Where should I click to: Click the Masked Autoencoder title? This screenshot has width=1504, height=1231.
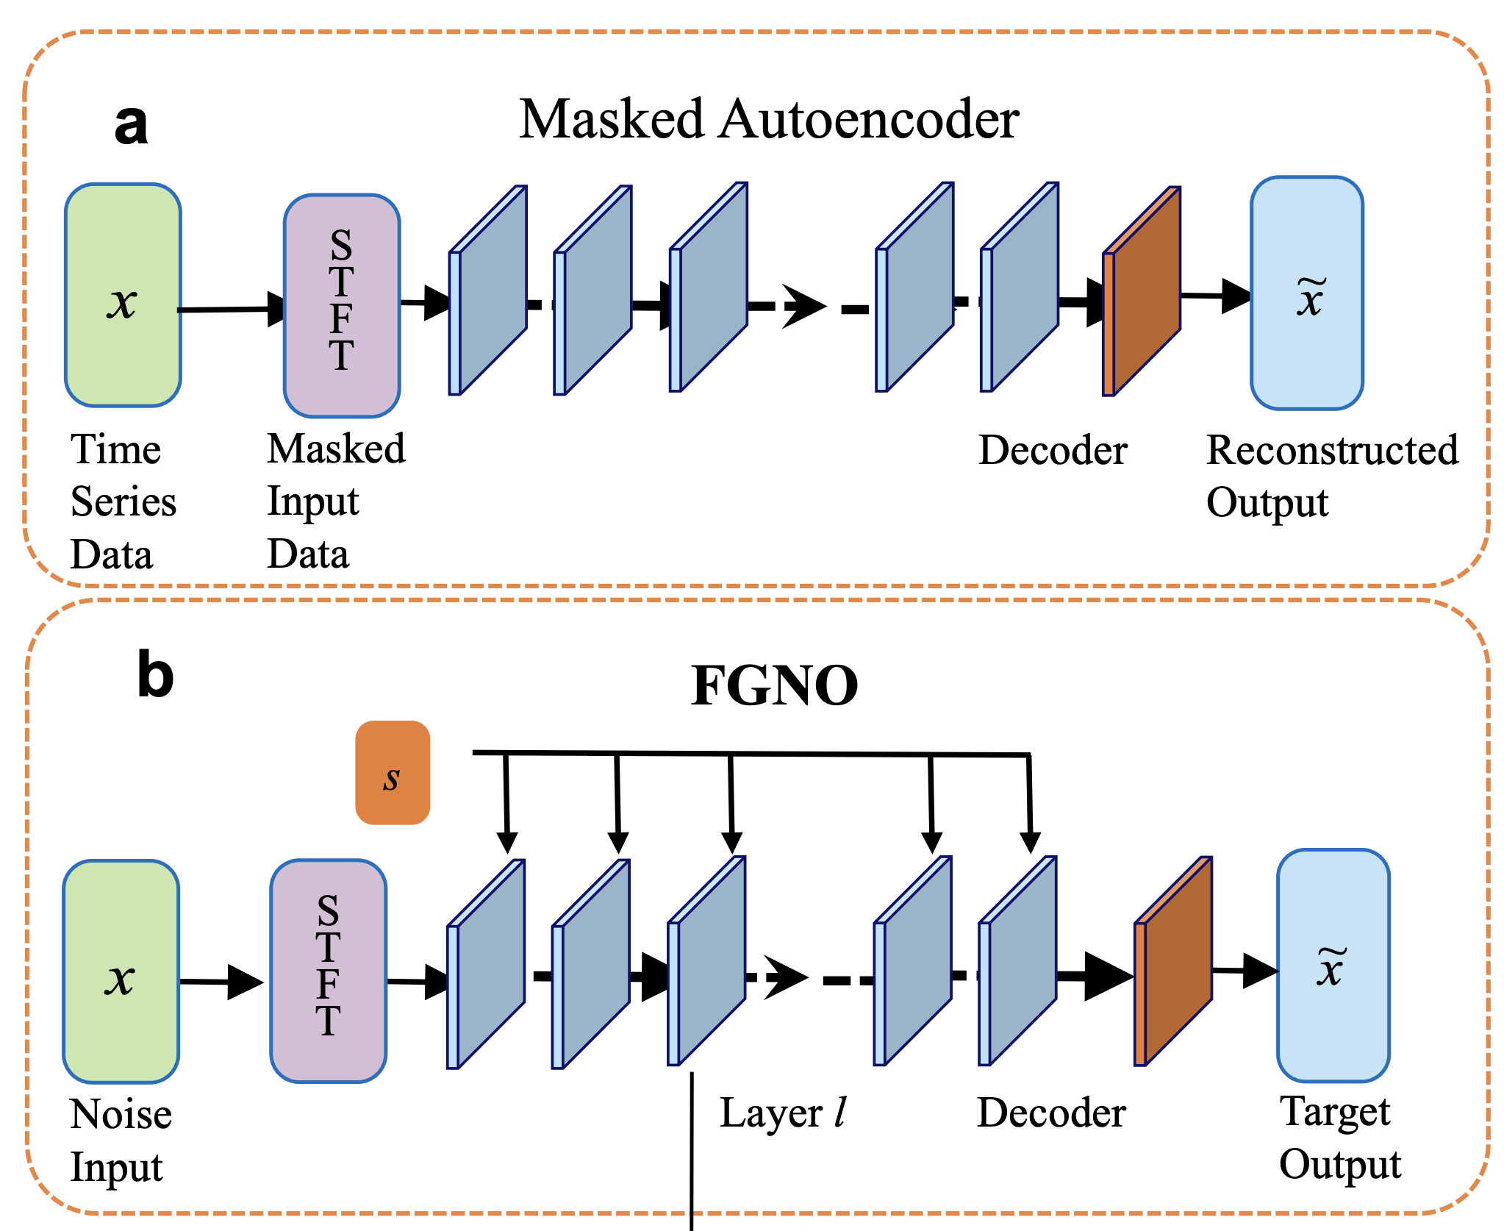(x=769, y=119)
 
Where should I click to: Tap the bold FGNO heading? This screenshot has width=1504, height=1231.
(x=775, y=685)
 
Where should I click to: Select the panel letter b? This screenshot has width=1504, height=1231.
(x=155, y=676)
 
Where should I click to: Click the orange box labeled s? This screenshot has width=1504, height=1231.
(x=393, y=773)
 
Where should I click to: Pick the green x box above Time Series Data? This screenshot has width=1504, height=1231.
(x=123, y=295)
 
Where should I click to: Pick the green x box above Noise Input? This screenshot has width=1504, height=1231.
(x=121, y=971)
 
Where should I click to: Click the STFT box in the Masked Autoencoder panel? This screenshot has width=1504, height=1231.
(x=342, y=305)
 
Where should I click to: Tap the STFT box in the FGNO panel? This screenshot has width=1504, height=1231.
(x=328, y=971)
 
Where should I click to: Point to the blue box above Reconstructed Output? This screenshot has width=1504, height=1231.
(x=1307, y=293)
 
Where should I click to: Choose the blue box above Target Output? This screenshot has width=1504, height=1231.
(x=1333, y=966)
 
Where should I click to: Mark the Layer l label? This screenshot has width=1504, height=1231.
(x=783, y=1113)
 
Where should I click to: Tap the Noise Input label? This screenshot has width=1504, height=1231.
(x=121, y=1140)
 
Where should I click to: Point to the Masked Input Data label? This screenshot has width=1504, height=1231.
(x=335, y=501)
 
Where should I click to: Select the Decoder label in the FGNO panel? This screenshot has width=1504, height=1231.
(x=1051, y=1113)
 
